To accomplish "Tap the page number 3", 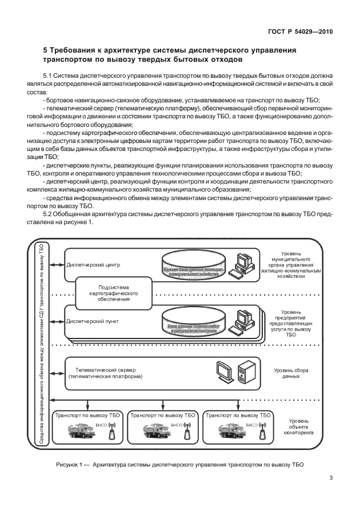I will click(x=331, y=479).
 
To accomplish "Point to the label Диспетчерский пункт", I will click(x=93, y=321).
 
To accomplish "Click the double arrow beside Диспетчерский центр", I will click(x=57, y=265).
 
